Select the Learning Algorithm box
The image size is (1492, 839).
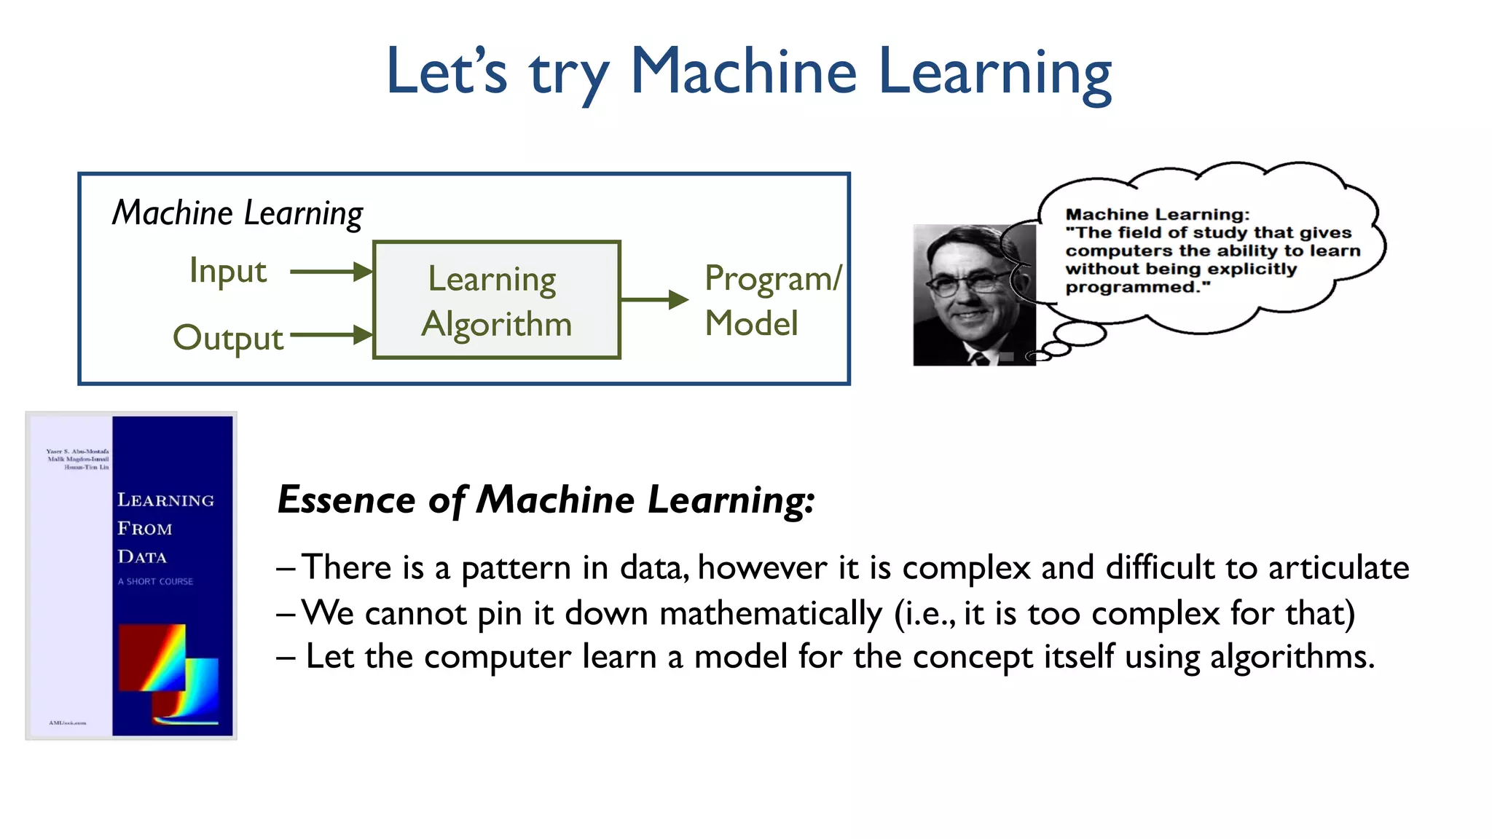[x=496, y=299]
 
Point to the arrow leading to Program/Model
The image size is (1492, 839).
[x=653, y=299]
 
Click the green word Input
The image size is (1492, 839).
[x=227, y=271]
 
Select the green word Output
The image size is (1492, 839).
[x=227, y=338]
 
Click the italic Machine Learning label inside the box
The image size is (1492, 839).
[x=237, y=213]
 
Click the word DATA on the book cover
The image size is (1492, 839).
[x=142, y=557]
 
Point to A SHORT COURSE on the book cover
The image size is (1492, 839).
[x=155, y=581]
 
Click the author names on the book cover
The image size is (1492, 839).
[x=78, y=459]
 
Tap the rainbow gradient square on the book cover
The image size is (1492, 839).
[x=152, y=657]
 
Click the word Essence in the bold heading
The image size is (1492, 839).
[x=347, y=500]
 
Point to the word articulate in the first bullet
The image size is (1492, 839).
[x=1338, y=568]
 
